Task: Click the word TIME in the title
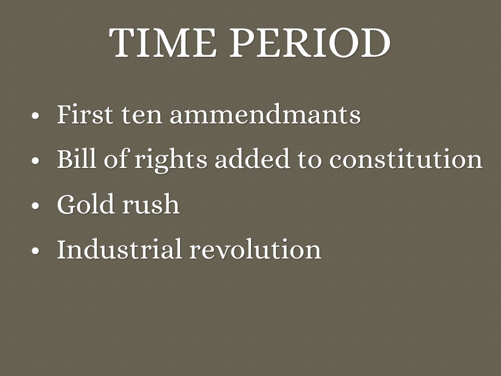[x=162, y=43]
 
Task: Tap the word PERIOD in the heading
[x=310, y=43]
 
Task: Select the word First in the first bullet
[x=85, y=114]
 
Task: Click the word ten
[x=141, y=116]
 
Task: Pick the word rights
[x=171, y=160]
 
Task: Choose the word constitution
[x=406, y=159]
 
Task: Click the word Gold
[x=85, y=204]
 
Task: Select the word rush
[x=151, y=204]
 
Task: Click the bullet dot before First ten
[x=35, y=116]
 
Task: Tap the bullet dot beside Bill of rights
[x=35, y=160]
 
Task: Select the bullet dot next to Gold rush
[x=35, y=206]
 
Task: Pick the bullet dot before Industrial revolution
[x=35, y=250]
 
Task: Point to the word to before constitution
[x=309, y=160]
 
